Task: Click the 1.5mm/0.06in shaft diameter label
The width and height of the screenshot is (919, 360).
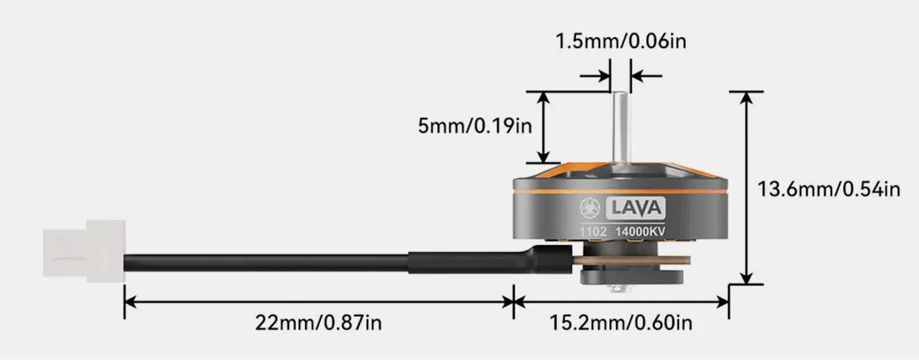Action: [620, 41]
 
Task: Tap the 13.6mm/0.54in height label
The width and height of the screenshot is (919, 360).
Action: [828, 189]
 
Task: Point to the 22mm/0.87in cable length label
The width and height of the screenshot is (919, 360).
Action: [318, 323]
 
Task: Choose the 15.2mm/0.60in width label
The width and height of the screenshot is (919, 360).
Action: [621, 323]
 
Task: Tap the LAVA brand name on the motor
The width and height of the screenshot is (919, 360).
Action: [638, 208]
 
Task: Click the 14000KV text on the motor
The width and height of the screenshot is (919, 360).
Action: [639, 230]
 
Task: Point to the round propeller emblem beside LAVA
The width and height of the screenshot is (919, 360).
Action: [591, 208]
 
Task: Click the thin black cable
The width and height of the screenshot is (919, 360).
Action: [265, 263]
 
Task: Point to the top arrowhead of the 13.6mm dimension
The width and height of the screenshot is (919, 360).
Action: [746, 97]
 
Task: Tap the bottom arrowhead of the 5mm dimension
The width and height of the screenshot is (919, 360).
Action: [543, 156]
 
